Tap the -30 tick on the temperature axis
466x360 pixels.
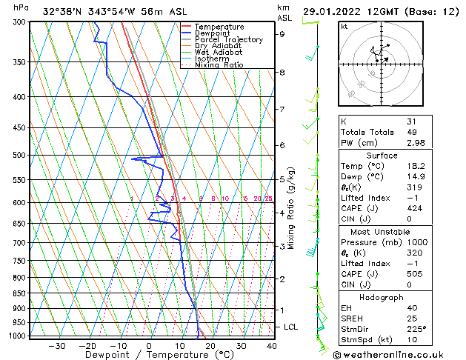57,345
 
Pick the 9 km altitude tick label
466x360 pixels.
282,34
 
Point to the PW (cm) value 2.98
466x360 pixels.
416,143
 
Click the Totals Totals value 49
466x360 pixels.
411,132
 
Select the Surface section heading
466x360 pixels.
382,156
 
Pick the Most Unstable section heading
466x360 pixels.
382,231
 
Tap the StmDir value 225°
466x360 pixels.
416,329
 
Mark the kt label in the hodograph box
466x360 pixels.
344,26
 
